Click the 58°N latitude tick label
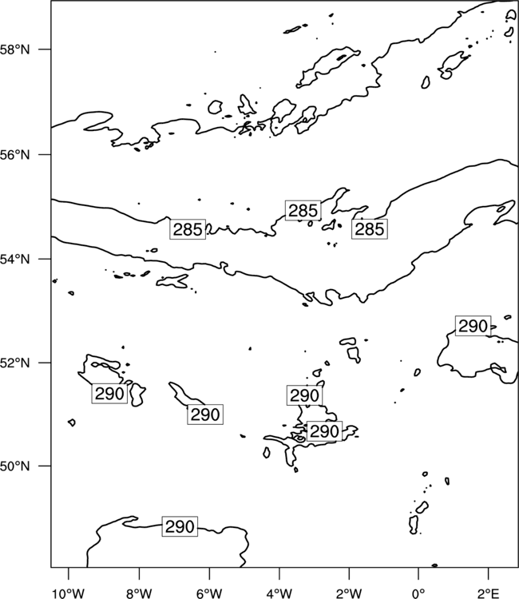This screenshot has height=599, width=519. [x=14, y=50]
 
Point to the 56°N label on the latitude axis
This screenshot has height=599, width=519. [x=14, y=155]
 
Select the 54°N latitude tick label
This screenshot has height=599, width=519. [x=14, y=260]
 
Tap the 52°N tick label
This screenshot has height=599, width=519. [x=14, y=363]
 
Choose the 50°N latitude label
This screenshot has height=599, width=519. [x=14, y=466]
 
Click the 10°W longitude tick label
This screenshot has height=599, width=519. [x=69, y=593]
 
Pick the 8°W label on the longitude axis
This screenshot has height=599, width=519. [x=139, y=593]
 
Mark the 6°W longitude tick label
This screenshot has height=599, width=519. [x=209, y=593]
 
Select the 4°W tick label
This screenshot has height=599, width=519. [x=279, y=593]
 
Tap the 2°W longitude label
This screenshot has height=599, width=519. [x=349, y=593]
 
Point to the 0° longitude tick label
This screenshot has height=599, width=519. [x=418, y=593]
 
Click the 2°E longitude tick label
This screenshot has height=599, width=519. [x=489, y=593]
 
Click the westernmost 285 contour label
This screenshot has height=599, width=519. [x=188, y=229]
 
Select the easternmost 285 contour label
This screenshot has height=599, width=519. [x=370, y=229]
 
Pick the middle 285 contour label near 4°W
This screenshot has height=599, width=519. [x=303, y=211]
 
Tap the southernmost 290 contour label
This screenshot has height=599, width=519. [x=180, y=527]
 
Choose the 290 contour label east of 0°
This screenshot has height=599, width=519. [x=473, y=326]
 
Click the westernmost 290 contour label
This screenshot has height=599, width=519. [x=109, y=394]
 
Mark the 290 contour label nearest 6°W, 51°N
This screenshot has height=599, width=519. [x=205, y=415]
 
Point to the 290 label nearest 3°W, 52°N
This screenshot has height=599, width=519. [x=304, y=396]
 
